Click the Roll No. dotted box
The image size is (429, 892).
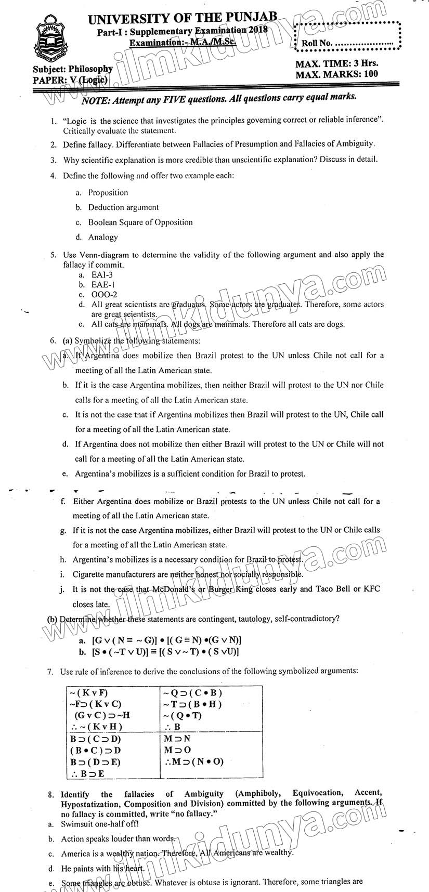coord(347,36)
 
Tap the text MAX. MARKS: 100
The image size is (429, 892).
coord(336,74)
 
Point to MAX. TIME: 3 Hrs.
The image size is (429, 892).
coord(336,64)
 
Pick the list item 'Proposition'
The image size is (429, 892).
coord(108,193)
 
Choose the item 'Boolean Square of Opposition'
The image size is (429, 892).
coord(140,222)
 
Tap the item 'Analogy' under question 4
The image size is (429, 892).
coord(103,238)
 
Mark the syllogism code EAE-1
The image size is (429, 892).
coord(103,285)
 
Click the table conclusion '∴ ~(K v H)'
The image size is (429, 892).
coord(95,727)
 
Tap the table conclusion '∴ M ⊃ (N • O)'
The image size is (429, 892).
coord(193,762)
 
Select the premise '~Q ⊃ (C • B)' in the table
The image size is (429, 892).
coord(192,693)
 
